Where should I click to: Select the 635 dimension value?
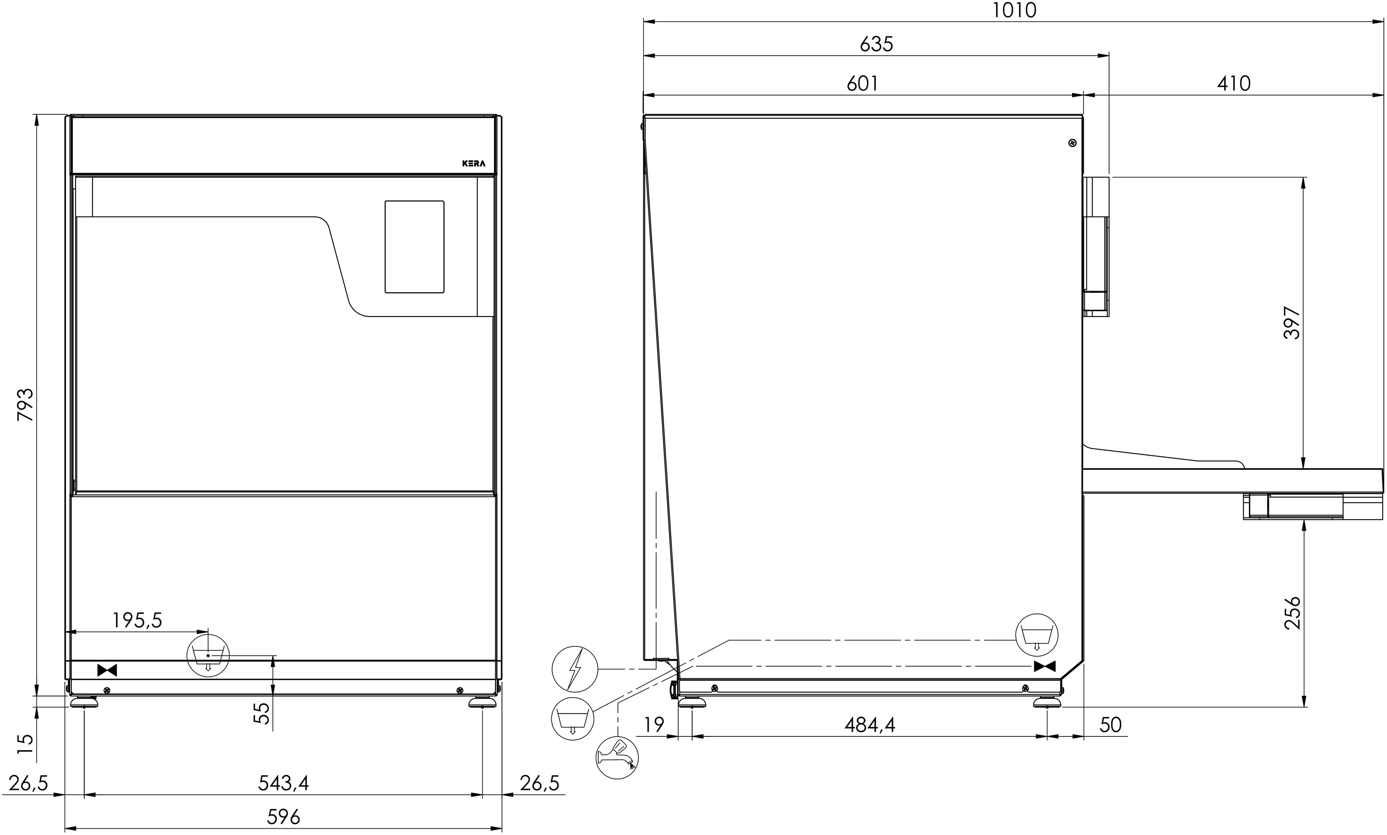point(876,44)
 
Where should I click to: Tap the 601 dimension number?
point(862,83)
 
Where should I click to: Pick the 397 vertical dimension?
point(1292,323)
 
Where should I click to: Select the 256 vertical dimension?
point(1292,613)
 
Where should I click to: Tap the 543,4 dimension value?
point(283,783)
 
